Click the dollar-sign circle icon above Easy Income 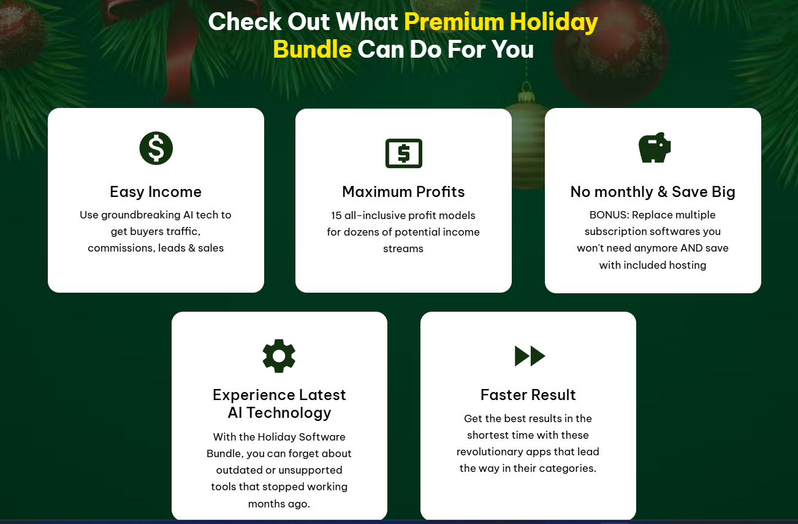point(156,148)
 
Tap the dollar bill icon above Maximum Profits point(404,153)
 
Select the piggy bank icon point(655,147)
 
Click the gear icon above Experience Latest point(279,356)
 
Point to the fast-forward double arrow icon point(530,356)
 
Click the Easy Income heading point(156,192)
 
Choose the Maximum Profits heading point(403,192)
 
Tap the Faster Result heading point(528,395)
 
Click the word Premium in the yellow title point(454,21)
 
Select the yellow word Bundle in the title point(313,49)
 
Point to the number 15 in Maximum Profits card point(336,215)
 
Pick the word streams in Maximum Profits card point(403,249)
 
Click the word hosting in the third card point(688,266)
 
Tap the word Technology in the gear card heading point(289,413)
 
